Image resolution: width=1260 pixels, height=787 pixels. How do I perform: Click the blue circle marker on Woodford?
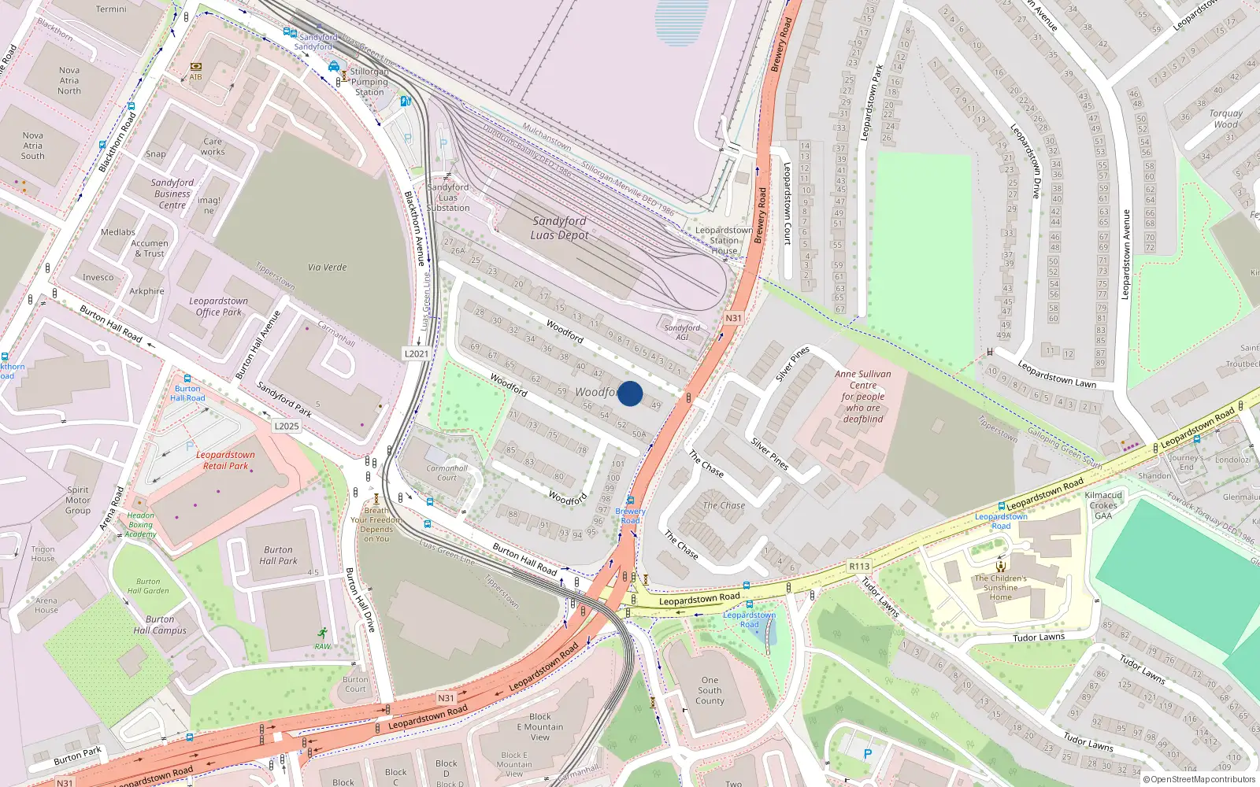coord(630,393)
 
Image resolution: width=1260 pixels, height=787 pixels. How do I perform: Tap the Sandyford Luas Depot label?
coord(559,228)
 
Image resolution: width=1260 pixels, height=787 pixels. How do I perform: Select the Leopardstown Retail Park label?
coord(225,460)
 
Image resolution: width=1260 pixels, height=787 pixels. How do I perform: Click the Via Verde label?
coord(327,268)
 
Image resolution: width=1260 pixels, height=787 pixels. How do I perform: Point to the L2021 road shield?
coord(417,354)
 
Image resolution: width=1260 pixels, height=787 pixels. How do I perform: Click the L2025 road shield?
coord(287,427)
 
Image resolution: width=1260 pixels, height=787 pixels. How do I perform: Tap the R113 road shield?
coord(859,567)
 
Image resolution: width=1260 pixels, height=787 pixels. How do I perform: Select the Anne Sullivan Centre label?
coord(863,397)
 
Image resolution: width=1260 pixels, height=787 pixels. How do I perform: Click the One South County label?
coord(710,691)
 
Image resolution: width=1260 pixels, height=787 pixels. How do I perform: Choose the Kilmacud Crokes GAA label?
coord(1103,505)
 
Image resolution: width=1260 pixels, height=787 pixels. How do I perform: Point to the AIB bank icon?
coord(195,67)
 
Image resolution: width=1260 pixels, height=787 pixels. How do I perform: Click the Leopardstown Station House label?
coord(724,241)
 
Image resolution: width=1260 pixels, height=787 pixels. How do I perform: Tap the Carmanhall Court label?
coord(447,473)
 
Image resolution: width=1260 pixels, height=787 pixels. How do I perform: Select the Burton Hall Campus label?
coord(160,625)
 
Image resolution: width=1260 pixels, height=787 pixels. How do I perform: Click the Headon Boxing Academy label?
coord(140,525)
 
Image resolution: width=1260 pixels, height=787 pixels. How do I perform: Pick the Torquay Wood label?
coord(1225,119)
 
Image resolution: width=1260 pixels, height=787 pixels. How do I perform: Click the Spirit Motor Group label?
coord(78,501)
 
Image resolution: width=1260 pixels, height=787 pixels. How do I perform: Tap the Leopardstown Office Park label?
coord(218,307)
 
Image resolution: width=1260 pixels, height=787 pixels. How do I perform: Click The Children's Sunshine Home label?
coord(1000,588)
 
